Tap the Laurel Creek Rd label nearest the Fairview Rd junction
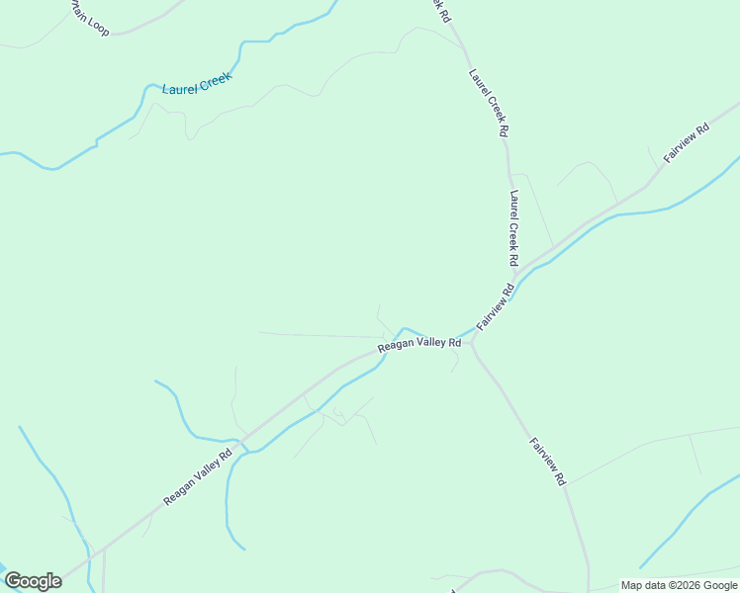click(x=513, y=228)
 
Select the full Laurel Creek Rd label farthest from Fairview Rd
click(x=489, y=102)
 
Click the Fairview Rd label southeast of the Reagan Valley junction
click(x=546, y=461)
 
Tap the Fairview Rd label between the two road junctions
click(x=496, y=307)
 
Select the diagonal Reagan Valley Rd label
click(x=198, y=476)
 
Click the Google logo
click(x=33, y=581)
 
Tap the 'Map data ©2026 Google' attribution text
click(x=679, y=585)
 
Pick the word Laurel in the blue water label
click(x=179, y=89)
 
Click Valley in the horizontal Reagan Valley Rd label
click(x=428, y=343)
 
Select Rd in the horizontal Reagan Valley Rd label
click(x=454, y=343)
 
